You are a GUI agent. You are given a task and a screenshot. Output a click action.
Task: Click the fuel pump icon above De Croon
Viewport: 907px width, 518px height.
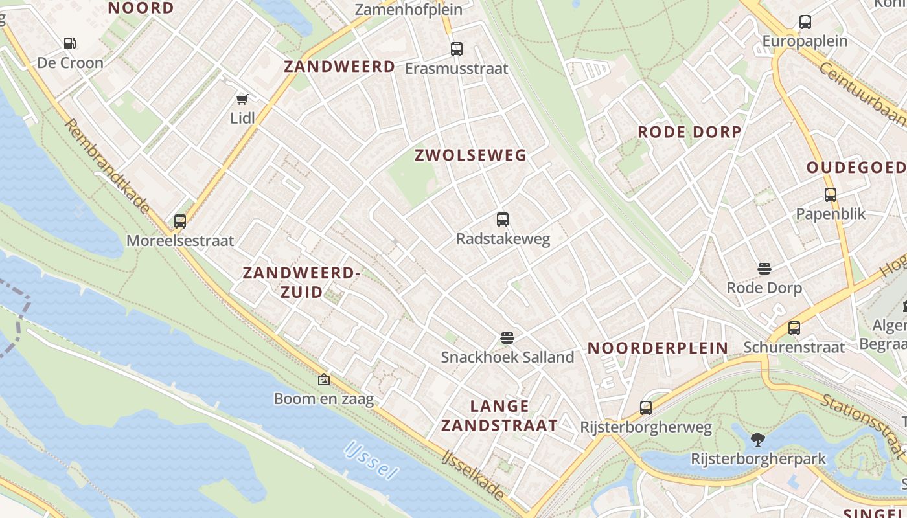69,43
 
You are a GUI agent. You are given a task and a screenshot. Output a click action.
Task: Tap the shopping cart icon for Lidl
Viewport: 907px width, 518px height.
242,98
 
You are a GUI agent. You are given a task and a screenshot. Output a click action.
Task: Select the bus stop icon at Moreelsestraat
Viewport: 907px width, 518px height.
180,221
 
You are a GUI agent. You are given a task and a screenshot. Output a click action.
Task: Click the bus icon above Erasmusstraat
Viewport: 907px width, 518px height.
457,49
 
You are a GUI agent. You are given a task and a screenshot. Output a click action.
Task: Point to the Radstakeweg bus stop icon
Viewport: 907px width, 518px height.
503,220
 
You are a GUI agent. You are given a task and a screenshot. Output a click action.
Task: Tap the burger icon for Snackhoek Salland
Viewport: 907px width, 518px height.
507,337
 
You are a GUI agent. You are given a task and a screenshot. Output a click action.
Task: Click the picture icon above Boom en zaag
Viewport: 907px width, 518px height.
324,379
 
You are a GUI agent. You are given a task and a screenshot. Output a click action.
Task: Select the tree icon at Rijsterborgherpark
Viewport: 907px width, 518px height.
758,440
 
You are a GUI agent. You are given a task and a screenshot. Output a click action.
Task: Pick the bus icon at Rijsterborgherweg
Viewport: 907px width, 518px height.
646,408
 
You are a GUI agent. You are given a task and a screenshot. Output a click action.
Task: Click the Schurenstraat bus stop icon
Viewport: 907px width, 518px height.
794,328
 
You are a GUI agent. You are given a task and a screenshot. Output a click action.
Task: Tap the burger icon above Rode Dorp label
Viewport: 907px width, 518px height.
764,269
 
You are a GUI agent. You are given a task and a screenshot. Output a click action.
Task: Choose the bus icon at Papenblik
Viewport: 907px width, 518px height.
831,194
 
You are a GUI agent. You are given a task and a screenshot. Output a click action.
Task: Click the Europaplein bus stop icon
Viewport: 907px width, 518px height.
805,22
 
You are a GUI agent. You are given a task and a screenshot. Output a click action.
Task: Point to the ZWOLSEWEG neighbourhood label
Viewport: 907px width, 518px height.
470,155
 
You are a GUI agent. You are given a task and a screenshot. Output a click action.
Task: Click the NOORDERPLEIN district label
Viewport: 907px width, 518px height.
658,348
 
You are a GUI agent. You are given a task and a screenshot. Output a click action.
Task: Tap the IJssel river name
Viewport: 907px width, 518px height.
371,460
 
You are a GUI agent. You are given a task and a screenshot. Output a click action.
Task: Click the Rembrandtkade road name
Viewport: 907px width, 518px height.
108,166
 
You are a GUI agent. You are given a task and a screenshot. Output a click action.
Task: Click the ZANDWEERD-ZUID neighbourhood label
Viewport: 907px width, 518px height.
301,282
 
